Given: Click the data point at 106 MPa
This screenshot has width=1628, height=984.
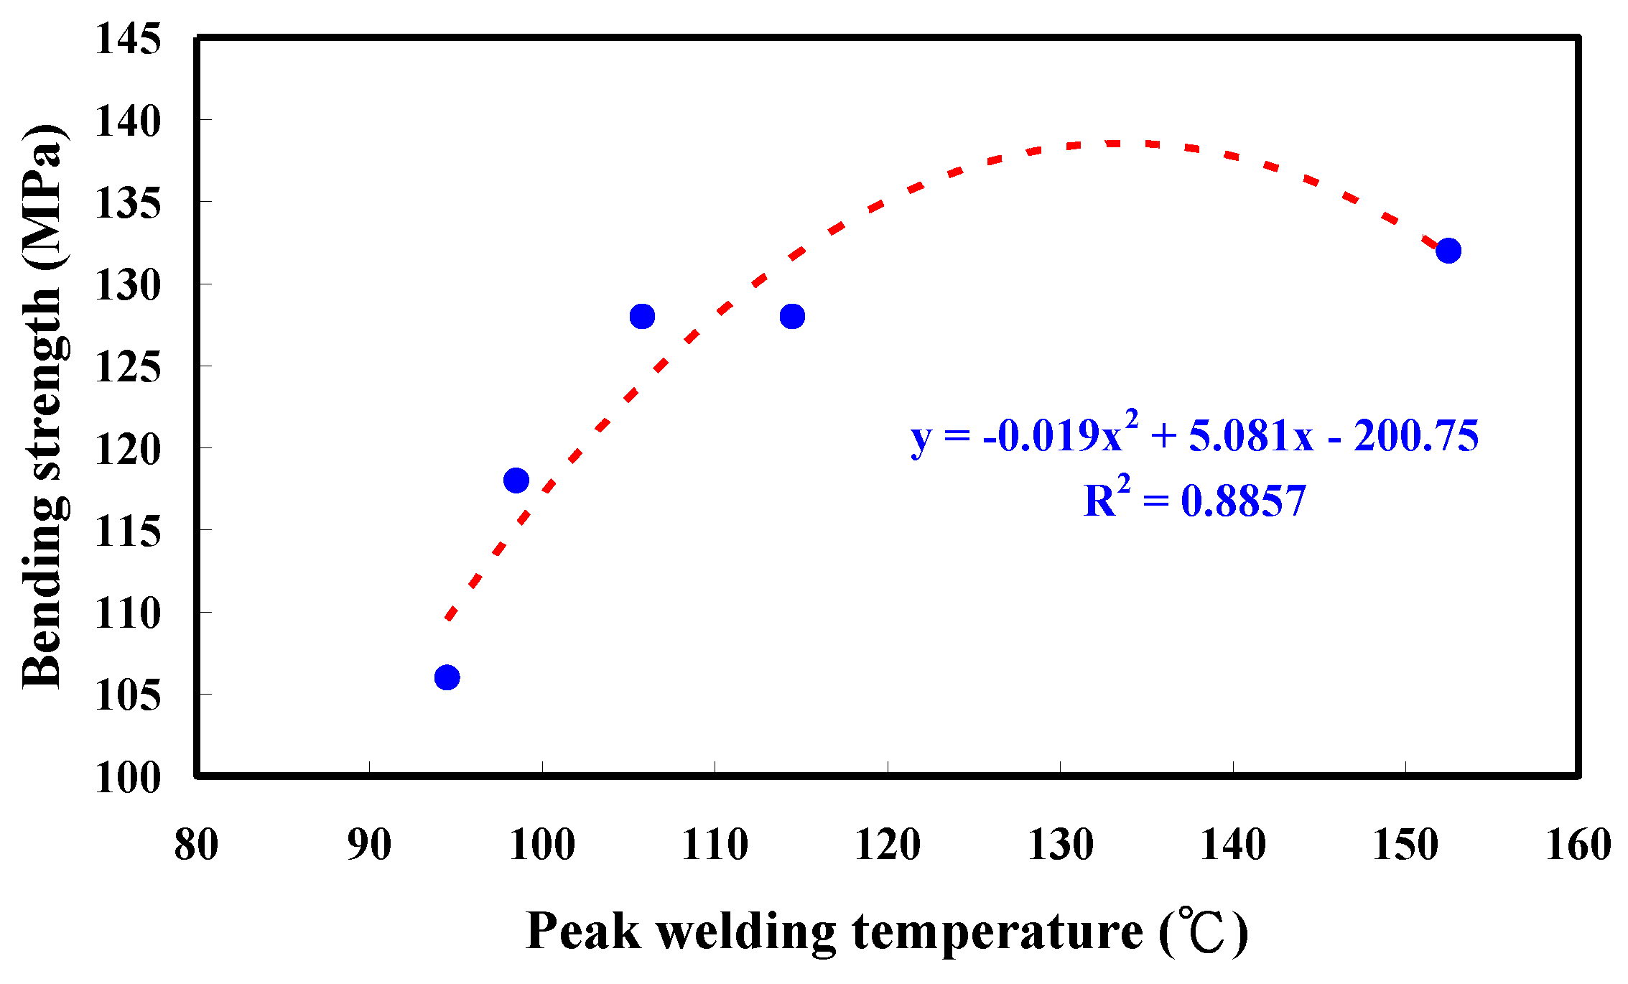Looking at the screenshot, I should [447, 677].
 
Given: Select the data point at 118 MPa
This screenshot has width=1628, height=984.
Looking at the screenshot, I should [516, 480].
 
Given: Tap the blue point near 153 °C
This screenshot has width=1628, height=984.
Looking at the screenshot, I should [1448, 251].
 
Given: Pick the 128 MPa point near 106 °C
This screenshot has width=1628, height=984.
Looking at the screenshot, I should [642, 316].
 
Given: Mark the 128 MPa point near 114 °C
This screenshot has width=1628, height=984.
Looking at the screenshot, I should [792, 316].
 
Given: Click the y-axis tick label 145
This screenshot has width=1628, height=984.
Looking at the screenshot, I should [128, 39].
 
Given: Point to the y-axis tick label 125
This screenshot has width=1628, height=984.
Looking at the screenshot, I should [128, 368].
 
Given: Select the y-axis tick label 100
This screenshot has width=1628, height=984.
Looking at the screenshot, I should [128, 778].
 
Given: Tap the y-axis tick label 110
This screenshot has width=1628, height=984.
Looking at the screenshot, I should [128, 614].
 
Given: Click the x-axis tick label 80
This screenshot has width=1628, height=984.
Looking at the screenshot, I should [196, 845].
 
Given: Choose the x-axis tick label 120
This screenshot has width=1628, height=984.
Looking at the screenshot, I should [888, 845].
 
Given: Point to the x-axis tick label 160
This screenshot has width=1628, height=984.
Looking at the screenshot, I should [1578, 845].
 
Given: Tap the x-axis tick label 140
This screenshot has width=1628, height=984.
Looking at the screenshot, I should [1233, 845].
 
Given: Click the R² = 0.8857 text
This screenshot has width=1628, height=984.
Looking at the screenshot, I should [1194, 501].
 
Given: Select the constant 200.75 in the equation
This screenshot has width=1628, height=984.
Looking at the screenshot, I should [1416, 436].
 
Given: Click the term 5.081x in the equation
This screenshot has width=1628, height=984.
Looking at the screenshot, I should [1251, 436].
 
